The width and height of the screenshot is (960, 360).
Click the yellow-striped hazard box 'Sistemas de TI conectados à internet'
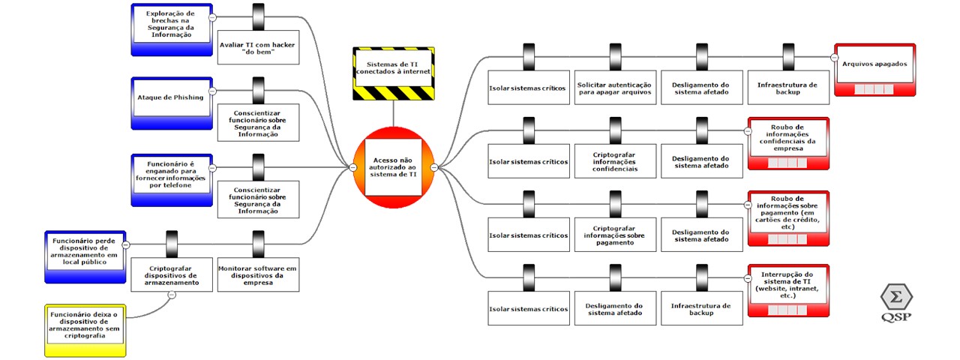tap(394, 73)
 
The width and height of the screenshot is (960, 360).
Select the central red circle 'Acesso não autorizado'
tap(394, 167)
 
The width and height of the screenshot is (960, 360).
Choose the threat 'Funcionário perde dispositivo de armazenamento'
tap(85, 256)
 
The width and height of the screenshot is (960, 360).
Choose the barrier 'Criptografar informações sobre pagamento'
tap(615, 235)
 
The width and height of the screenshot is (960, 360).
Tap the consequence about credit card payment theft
tap(787, 217)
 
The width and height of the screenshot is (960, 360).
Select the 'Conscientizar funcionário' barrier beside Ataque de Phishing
tap(258, 122)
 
